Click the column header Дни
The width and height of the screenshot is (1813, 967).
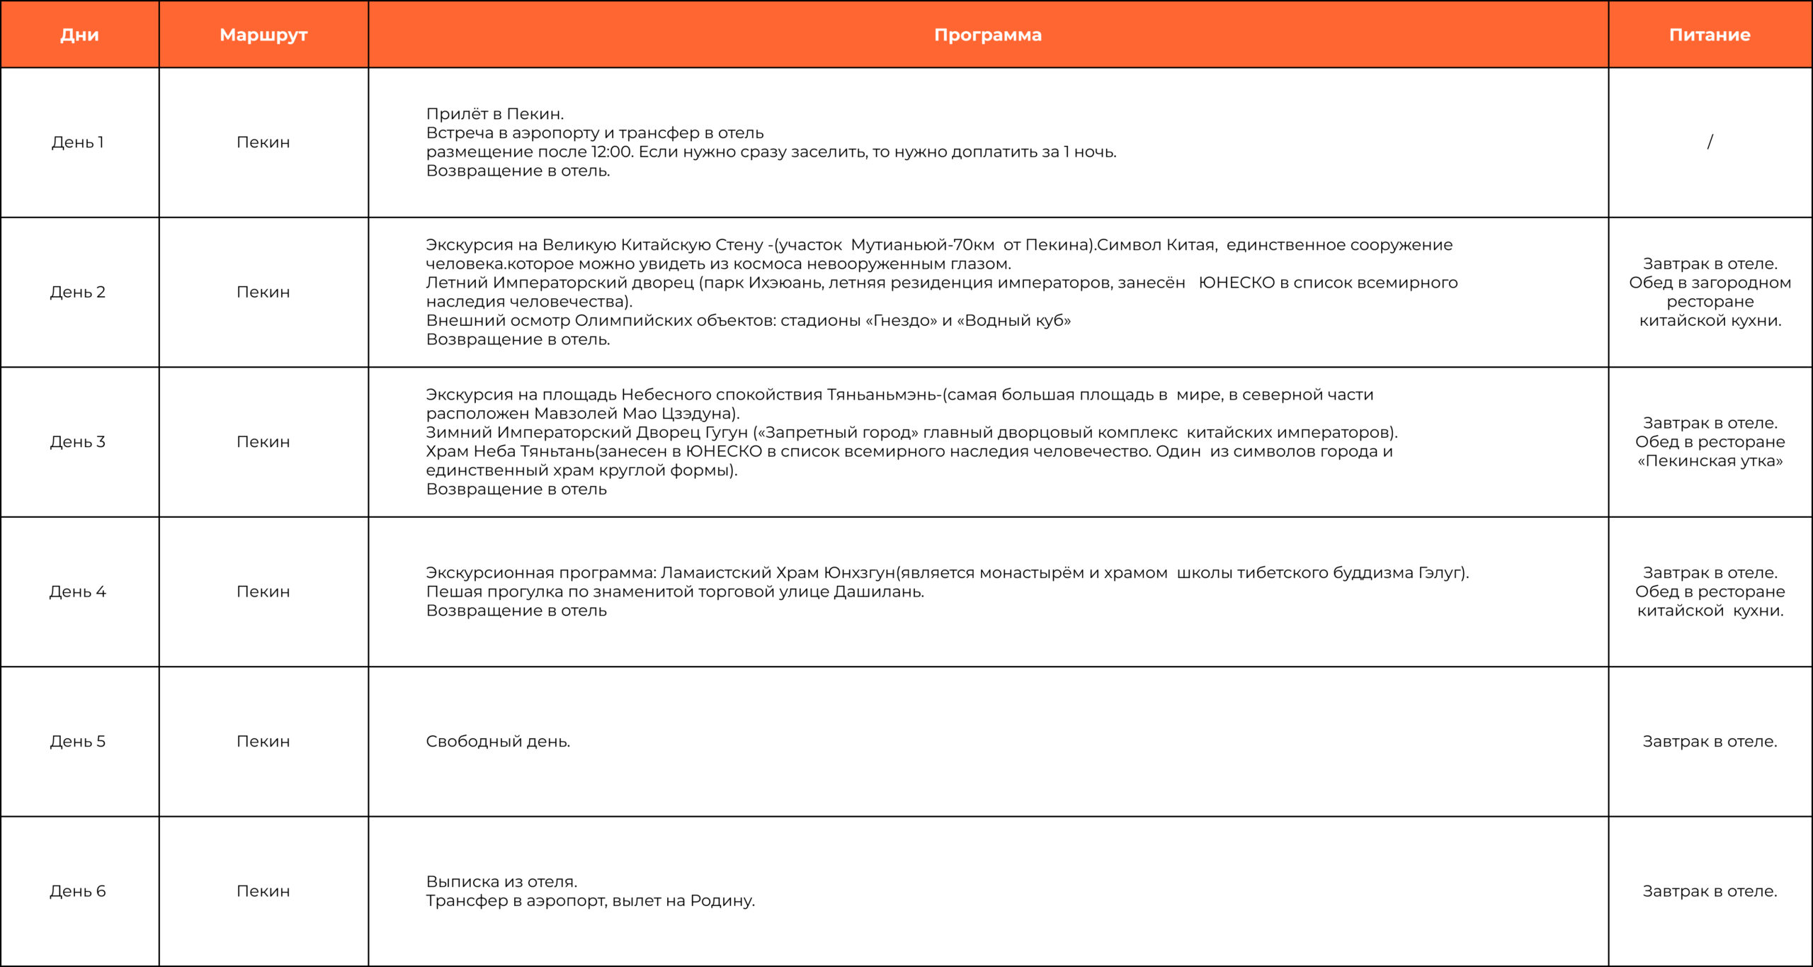click(x=79, y=35)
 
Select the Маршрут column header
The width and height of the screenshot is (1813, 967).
click(x=263, y=35)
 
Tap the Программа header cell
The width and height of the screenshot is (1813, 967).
click(x=988, y=35)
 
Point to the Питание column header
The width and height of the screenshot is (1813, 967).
click(x=1710, y=35)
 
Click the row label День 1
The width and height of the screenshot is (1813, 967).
click(x=78, y=142)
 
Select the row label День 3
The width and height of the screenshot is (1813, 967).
click(x=78, y=442)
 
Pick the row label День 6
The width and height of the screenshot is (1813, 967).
click(x=78, y=891)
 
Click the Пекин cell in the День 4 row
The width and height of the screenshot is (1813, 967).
click(x=263, y=592)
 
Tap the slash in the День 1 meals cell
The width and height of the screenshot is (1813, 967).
click(x=1710, y=142)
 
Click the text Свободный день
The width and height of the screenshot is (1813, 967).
click(x=498, y=742)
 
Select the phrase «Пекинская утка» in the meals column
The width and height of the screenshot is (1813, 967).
click(x=1710, y=461)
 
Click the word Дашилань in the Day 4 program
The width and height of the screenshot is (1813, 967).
click(x=878, y=592)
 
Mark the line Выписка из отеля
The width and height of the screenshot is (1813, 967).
click(x=501, y=882)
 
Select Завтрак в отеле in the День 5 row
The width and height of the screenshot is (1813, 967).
click(x=1710, y=742)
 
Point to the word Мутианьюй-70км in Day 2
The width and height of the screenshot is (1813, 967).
click(x=922, y=245)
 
